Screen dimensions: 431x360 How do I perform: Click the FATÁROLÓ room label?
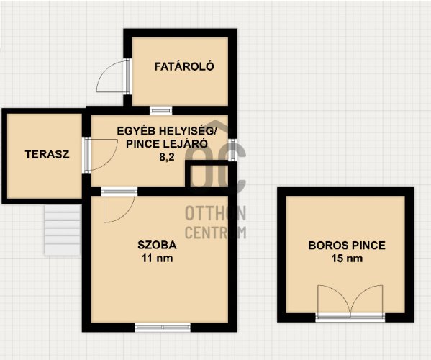[x=184, y=66]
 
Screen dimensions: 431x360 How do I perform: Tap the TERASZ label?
[x=47, y=154]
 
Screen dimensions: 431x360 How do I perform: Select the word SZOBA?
[x=157, y=245]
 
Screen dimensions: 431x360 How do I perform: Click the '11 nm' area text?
[x=157, y=258]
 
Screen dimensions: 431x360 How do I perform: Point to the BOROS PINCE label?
[x=347, y=246]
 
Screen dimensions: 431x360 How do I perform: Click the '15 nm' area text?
[x=347, y=258]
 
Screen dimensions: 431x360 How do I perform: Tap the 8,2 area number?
[x=167, y=157]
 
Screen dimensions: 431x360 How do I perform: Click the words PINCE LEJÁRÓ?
[x=167, y=144]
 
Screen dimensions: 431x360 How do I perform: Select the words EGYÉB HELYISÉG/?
[x=167, y=131]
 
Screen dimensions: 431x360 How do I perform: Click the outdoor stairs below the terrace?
[x=63, y=230]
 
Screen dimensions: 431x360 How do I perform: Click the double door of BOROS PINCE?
[x=350, y=302]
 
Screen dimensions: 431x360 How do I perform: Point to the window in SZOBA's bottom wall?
[x=163, y=328]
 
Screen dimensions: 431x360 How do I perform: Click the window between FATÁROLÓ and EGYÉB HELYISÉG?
[x=160, y=111]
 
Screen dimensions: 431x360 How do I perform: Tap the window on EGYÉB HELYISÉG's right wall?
[x=232, y=150]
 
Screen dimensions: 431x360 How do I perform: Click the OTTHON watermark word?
[x=216, y=213]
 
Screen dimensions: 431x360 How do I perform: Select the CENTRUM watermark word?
[x=216, y=233]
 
